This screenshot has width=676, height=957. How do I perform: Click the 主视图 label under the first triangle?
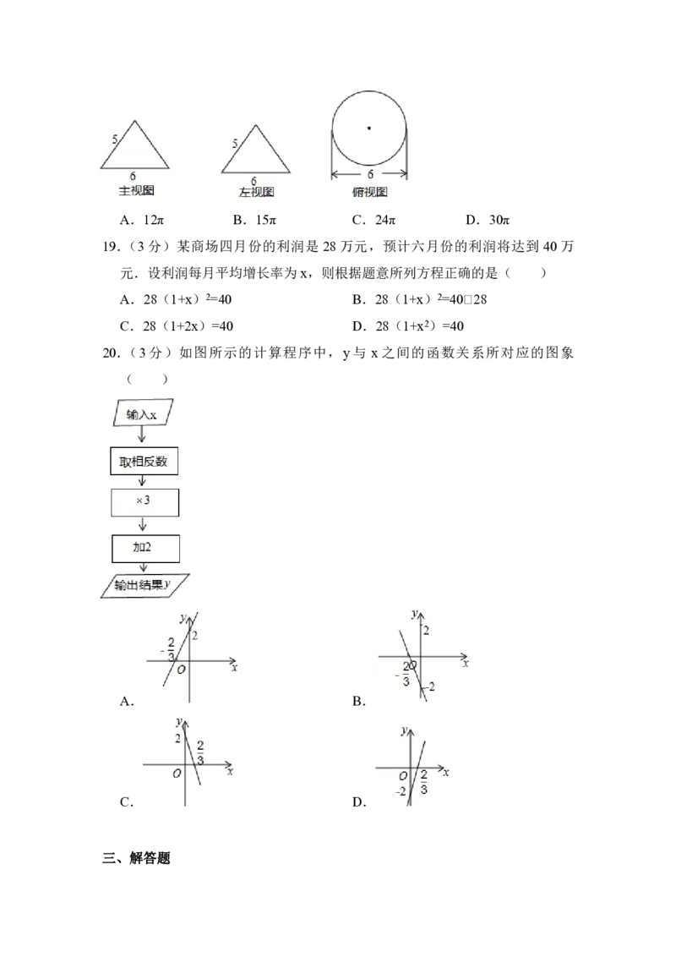[136, 191]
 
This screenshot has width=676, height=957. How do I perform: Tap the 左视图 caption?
[257, 193]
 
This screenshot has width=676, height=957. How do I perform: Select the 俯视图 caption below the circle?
[369, 193]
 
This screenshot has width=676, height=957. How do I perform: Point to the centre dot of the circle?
[368, 129]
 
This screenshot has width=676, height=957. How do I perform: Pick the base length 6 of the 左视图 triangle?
[253, 181]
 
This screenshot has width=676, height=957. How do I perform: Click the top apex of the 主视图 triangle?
[134, 119]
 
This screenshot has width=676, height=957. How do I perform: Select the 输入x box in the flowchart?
[141, 414]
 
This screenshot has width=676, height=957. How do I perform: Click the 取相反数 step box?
[144, 462]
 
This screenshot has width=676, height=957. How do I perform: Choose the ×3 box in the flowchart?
[144, 501]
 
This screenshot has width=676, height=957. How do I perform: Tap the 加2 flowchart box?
[144, 547]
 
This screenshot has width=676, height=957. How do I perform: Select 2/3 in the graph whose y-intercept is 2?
[200, 750]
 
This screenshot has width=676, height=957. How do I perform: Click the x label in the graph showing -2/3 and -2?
[466, 664]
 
